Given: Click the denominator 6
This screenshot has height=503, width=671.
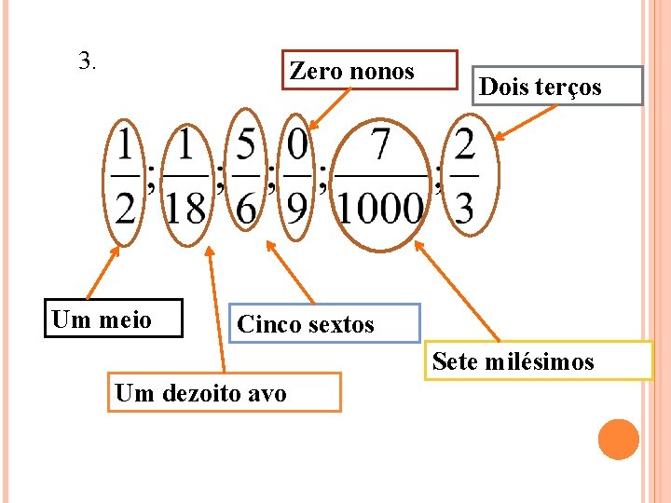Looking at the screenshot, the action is click(246, 207).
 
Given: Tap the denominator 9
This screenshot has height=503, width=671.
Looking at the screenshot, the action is click(296, 207).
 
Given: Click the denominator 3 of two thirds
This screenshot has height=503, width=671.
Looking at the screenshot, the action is click(464, 207).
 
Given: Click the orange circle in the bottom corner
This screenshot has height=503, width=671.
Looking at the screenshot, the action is click(619, 439).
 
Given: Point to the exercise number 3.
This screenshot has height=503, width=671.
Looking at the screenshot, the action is click(89, 62).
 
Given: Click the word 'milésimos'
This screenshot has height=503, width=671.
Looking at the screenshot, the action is click(540, 361).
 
